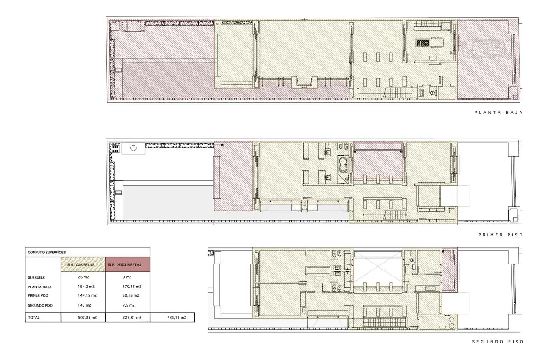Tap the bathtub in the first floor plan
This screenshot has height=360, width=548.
coord(343,165)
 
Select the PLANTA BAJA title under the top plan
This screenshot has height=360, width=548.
coord(498,112)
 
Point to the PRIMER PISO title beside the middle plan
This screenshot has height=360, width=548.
coord(500,235)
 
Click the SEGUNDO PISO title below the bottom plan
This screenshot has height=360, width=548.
coord(498,342)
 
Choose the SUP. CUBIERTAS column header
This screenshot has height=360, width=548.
coord(81,265)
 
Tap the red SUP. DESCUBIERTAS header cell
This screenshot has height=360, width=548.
coord(128,264)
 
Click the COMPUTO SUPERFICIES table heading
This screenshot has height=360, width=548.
coord(47,253)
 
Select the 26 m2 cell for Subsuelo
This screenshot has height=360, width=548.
coord(84,277)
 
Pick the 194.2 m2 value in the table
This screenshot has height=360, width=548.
coord(86,287)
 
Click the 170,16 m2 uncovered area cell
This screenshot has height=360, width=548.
coord(132,287)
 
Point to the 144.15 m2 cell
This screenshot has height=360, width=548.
coord(87,295)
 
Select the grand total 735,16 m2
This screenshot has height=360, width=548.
coord(177,318)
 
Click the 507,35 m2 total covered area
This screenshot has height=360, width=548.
coord(87,318)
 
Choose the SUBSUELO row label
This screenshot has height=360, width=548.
coord(37,278)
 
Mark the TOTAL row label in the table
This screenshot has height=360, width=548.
coord(34,318)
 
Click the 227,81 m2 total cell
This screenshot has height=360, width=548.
coord(132,318)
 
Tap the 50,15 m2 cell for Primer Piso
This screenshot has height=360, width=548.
coord(131,295)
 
